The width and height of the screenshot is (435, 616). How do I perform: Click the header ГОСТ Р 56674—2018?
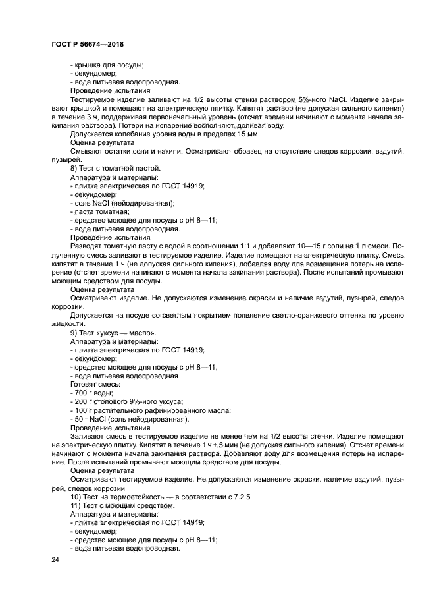click(87, 44)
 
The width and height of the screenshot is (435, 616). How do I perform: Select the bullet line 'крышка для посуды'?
click(106, 65)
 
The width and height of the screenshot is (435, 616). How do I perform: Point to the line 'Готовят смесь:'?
click(94, 384)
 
